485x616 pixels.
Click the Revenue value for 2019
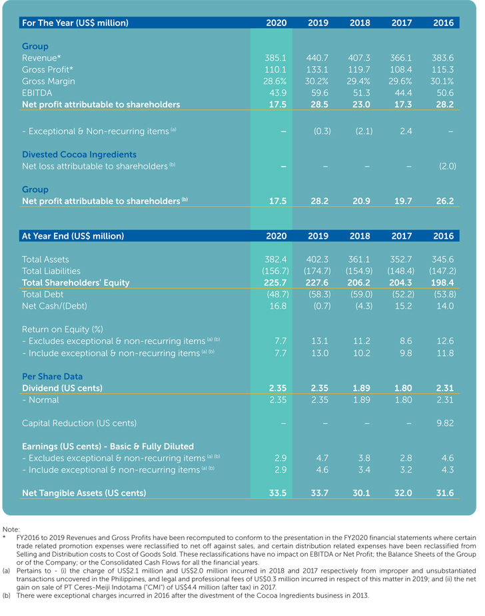coord(318,58)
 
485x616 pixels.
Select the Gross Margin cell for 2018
coord(359,81)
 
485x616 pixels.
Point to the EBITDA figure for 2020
coord(276,93)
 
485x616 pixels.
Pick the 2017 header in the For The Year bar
coord(401,23)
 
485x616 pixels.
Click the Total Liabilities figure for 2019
coord(318,271)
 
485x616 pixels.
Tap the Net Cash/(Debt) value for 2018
coord(359,306)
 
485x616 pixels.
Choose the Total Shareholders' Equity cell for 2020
coord(276,283)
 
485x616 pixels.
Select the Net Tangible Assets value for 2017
coord(401,493)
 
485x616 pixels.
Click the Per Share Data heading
coord(53,376)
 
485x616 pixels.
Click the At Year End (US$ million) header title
coord(73,236)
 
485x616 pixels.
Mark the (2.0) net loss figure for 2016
coord(446,166)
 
